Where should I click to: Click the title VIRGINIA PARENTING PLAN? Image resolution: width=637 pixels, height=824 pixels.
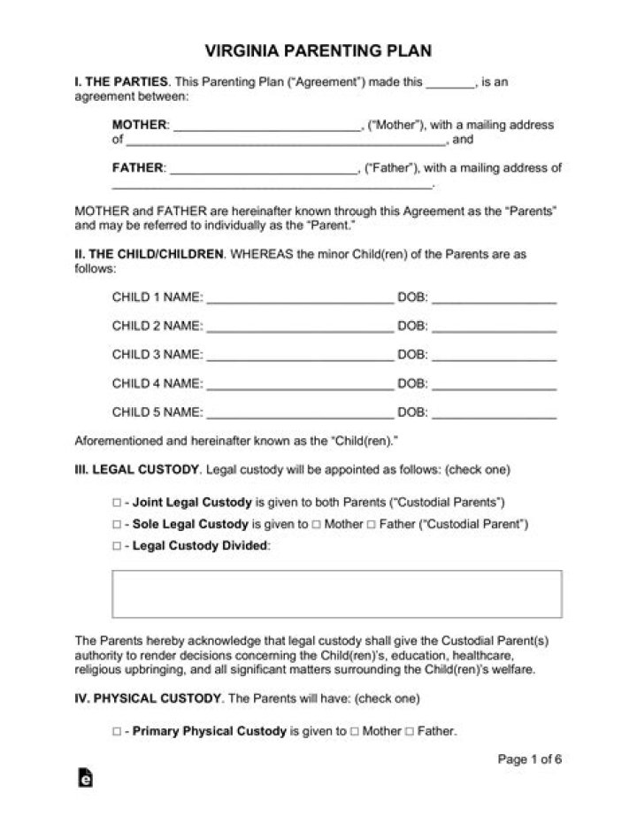coord(318,50)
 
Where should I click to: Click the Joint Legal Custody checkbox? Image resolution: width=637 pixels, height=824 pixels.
coord(117,502)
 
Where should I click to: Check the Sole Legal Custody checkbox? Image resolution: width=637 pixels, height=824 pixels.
coord(117,524)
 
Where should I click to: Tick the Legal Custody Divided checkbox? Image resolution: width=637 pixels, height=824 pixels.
coord(117,546)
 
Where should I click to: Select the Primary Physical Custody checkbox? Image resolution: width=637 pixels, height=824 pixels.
coord(117,732)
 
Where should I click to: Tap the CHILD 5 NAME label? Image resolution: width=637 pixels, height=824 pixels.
coord(157,412)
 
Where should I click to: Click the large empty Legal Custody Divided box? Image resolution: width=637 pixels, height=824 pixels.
coord(336,594)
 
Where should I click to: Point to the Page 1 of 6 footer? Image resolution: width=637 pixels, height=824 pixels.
coord(529,759)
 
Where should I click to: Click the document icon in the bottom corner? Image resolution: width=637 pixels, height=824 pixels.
coord(86,778)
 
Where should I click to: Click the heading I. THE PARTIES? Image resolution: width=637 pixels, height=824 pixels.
coord(120,82)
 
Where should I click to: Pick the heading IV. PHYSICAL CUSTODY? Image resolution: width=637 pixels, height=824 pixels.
coord(147,698)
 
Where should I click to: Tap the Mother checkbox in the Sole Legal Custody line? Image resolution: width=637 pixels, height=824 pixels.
coord(317,524)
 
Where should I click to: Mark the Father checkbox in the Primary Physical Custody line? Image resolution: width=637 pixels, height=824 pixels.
coord(409,732)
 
